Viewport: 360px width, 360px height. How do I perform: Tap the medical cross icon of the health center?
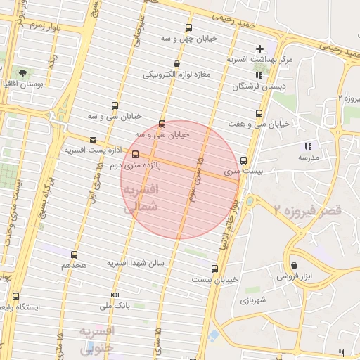(259, 49)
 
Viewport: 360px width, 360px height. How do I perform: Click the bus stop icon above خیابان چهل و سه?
(188, 27)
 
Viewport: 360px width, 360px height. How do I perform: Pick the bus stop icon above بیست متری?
(243, 160)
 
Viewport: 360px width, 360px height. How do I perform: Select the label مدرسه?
(308, 157)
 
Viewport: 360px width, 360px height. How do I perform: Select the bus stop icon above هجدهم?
(75, 254)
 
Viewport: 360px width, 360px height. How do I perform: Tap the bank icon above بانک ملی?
(115, 295)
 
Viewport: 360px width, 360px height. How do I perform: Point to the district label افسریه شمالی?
(141, 199)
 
